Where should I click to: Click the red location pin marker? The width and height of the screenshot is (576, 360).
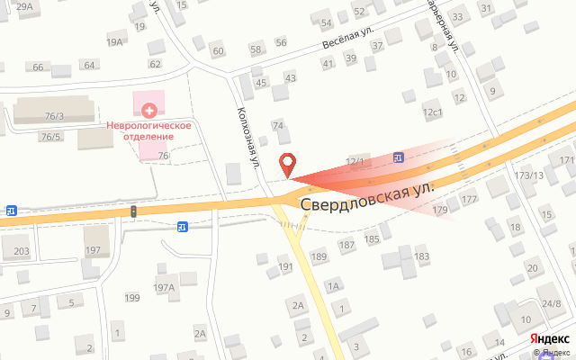tap(289, 166)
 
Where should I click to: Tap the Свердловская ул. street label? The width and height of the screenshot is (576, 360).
tap(368, 193)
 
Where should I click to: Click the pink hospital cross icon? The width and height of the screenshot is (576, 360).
tap(149, 110)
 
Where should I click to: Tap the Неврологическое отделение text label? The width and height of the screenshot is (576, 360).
tap(149, 130)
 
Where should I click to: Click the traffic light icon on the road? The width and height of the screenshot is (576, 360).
tap(133, 211)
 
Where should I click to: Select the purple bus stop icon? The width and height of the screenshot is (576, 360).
tap(399, 157)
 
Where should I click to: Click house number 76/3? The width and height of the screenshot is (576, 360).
tap(55, 115)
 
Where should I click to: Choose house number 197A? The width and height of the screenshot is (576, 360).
tap(163, 288)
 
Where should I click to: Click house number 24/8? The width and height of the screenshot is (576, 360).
tap(550, 302)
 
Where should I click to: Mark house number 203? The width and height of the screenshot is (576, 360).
tap(22, 251)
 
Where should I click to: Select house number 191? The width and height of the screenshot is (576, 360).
tap(286, 267)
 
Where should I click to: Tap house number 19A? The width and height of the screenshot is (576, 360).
tap(114, 41)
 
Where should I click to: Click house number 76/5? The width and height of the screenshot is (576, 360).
tap(50, 137)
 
